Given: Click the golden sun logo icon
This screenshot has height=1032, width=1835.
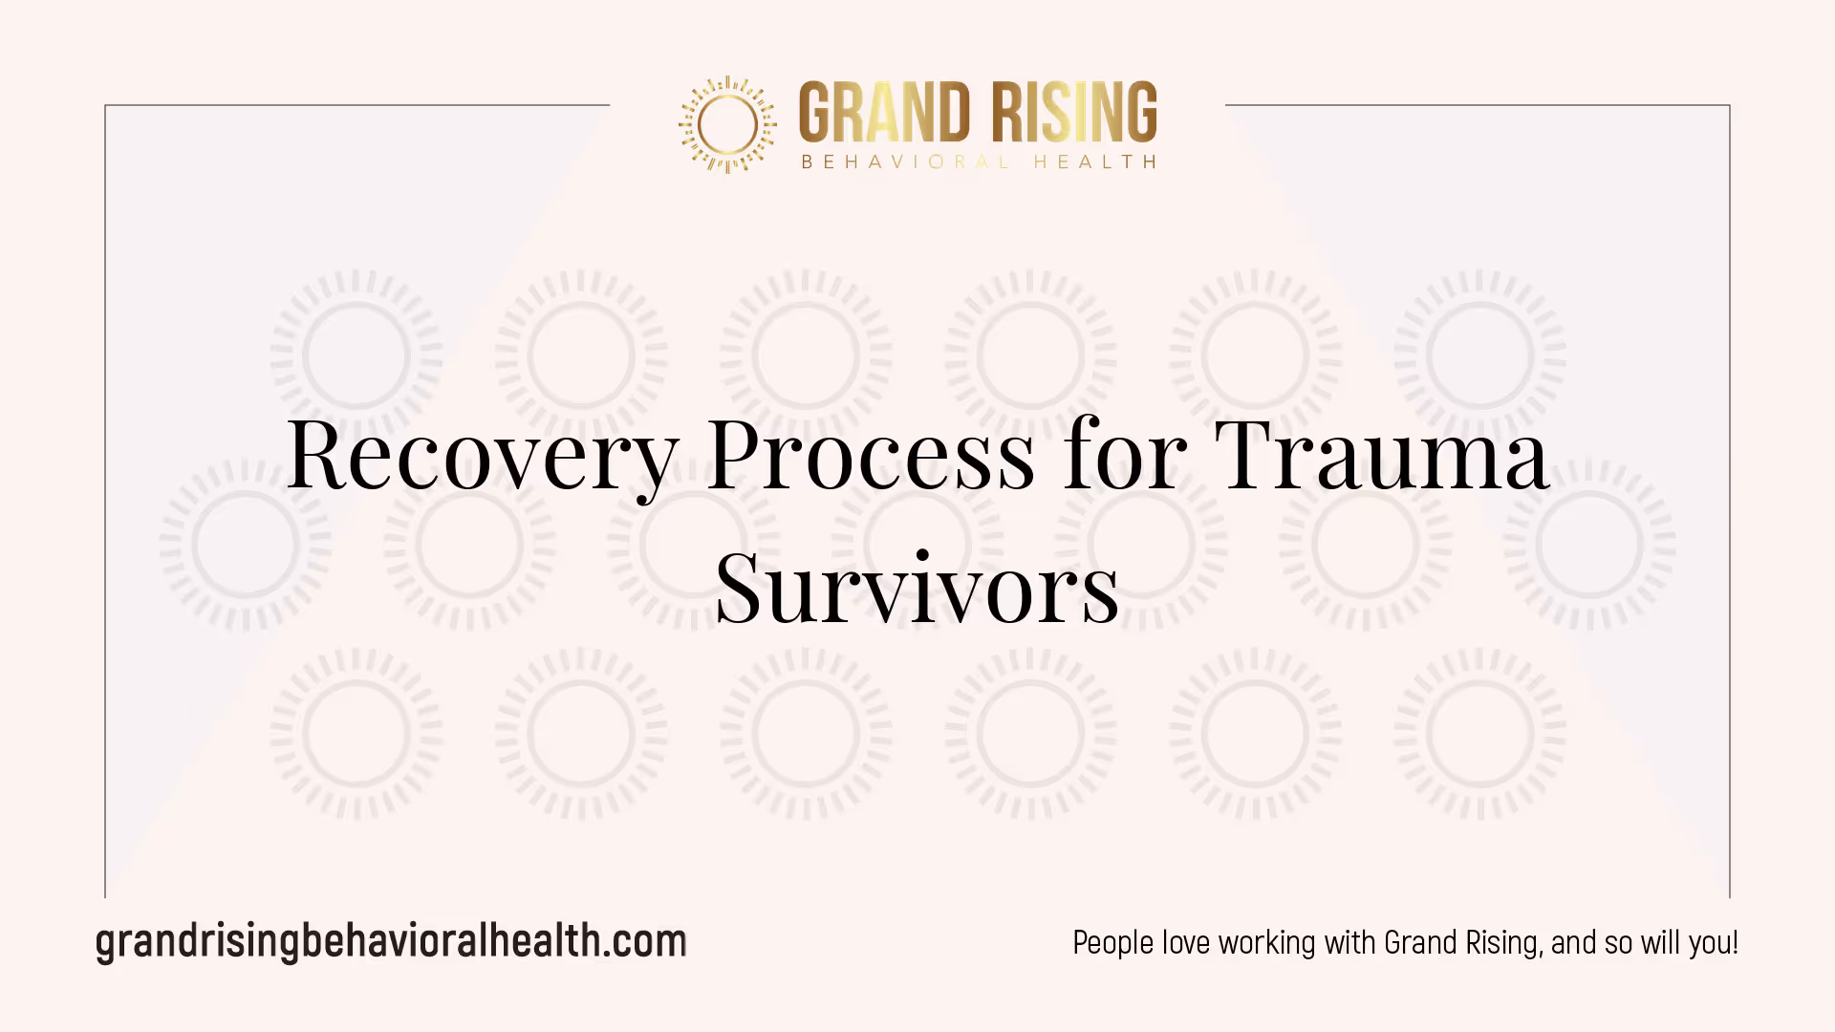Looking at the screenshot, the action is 727,124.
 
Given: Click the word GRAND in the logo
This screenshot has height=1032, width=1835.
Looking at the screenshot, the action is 884,112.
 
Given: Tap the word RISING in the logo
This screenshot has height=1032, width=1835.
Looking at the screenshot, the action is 1073,112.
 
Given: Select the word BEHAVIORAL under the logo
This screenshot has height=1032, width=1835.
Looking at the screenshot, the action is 905,162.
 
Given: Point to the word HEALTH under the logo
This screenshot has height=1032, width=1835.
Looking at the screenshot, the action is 1095,162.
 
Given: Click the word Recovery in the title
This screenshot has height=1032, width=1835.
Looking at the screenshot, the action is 483,457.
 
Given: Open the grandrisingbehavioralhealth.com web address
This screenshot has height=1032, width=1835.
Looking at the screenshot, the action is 391,942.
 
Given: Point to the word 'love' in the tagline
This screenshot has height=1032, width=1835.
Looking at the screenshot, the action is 1186,943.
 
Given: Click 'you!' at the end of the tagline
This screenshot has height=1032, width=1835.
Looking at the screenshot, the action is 1713,943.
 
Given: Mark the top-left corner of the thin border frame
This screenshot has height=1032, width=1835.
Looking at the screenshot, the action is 105,105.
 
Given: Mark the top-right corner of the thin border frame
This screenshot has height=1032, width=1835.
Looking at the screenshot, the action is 1730,105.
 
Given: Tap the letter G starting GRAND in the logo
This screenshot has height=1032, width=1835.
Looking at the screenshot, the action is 815,112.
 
